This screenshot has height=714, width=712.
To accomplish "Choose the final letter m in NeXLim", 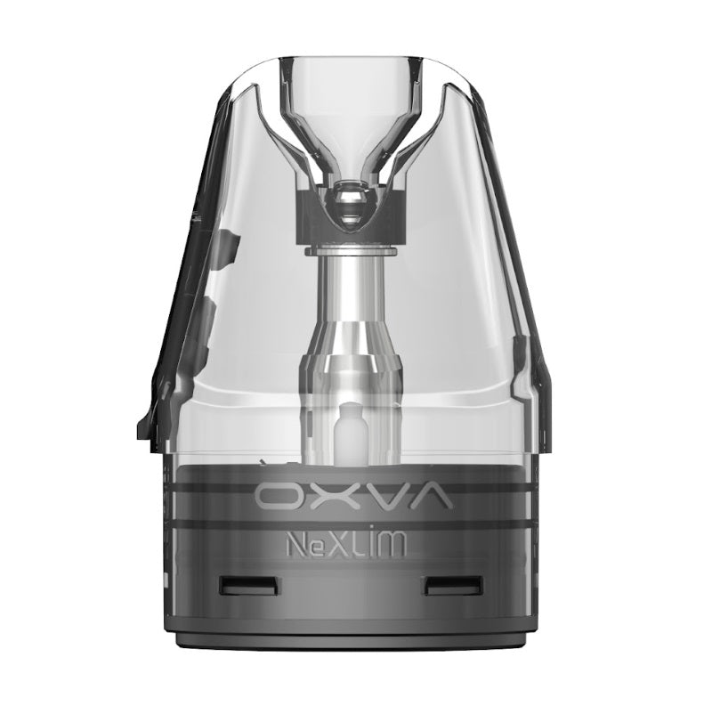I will click(x=396, y=546).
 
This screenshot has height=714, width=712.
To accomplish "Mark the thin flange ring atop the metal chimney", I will click(x=354, y=252).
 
